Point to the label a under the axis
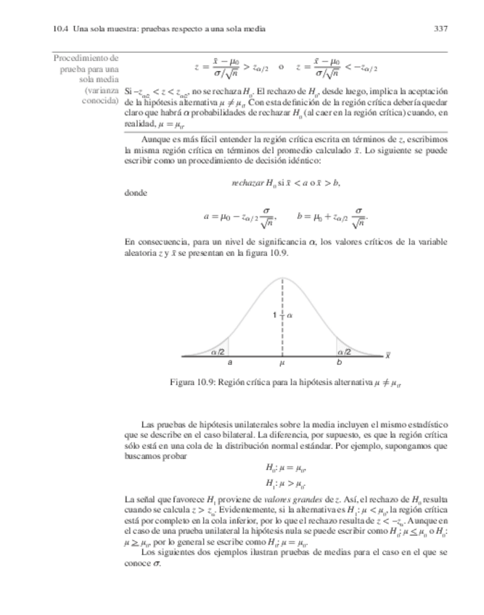(230, 362)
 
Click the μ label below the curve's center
(282, 362)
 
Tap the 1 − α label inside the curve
(282, 316)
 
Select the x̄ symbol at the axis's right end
(389, 356)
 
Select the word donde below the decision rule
(136, 193)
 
